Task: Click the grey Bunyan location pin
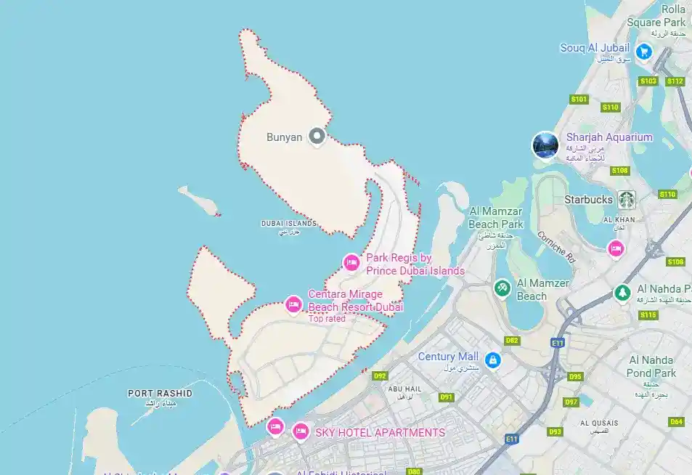point(316,136)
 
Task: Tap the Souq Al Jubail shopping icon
point(643,51)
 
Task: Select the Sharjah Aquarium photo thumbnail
point(545,145)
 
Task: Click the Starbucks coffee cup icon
point(627,199)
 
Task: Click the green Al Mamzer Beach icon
point(502,288)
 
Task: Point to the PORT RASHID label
point(160,394)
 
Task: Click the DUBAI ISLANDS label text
point(289,224)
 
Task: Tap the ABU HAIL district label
point(405,389)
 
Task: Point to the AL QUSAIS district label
point(600,423)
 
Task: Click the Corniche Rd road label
point(555,246)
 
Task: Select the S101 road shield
point(579,99)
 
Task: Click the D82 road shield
point(512,340)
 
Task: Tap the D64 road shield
point(676,421)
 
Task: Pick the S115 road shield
point(648,314)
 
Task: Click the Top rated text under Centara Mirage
point(327,319)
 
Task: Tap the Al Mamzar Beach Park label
point(497,217)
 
